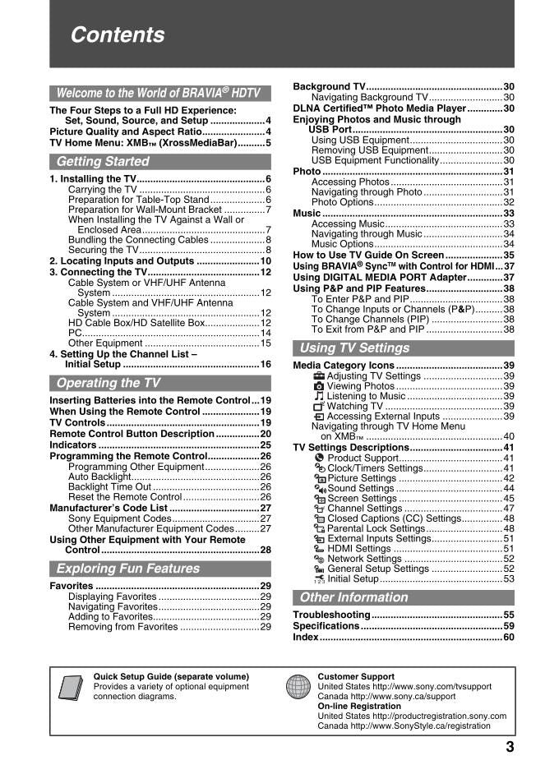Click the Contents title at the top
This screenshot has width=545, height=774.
coord(118,35)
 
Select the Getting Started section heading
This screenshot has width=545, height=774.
coord(103,161)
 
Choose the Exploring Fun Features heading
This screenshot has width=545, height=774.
coord(127,569)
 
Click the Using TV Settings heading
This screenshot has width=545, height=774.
coord(354,348)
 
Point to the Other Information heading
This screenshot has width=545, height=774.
coord(353,597)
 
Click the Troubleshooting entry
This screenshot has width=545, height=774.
coord(332,615)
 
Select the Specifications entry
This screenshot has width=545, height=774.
coord(326,626)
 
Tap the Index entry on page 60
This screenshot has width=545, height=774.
coord(306,638)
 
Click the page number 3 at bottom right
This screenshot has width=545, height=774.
coord(510,747)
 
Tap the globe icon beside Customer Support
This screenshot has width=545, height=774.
coord(298,686)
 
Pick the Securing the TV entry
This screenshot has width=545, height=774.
coord(104,250)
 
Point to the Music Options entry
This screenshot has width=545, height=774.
coord(343,244)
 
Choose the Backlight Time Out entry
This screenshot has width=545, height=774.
coord(109,486)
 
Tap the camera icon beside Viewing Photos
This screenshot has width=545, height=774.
coord(319,386)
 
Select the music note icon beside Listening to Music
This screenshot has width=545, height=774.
coord(319,396)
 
